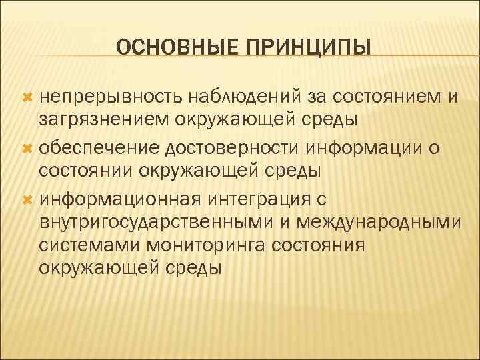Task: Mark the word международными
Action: (x=389, y=222)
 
